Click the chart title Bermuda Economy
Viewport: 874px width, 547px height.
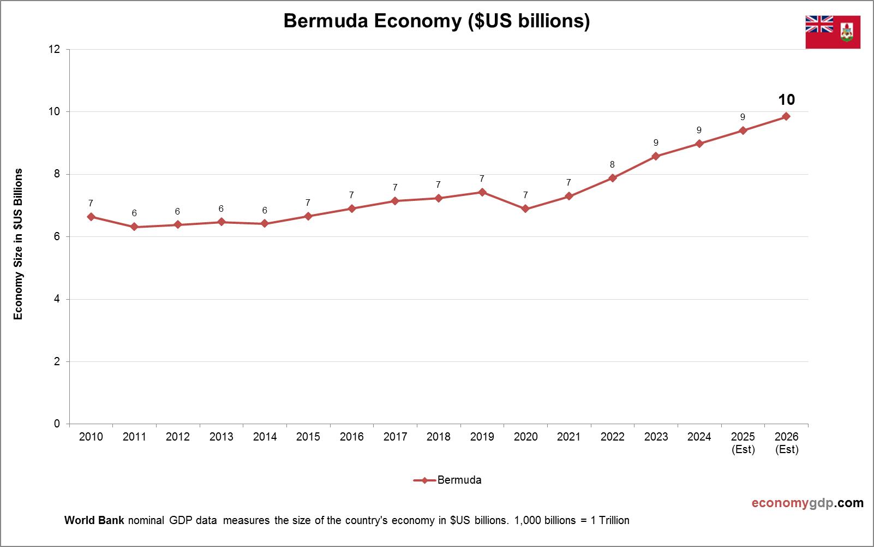[x=436, y=21]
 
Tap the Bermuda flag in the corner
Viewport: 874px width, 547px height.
[x=833, y=32]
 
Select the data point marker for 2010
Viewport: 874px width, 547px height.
[x=91, y=217]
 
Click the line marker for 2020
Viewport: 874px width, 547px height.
[x=525, y=209]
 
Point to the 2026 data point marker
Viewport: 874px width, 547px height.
[x=786, y=116]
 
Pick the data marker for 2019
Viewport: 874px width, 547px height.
[x=482, y=192]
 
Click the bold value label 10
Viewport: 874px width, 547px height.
[x=786, y=100]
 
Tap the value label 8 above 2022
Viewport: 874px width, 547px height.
[x=612, y=164]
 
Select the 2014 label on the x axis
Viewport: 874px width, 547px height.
[x=265, y=437]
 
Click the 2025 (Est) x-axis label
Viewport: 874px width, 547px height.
[x=743, y=443]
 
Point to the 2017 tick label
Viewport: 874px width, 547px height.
[x=395, y=437]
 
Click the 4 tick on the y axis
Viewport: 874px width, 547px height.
[x=57, y=299]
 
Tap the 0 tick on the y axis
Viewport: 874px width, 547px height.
[x=57, y=424]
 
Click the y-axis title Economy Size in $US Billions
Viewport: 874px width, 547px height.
[x=19, y=243]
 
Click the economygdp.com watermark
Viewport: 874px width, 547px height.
[x=807, y=503]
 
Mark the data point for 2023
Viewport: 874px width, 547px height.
[x=656, y=156]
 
